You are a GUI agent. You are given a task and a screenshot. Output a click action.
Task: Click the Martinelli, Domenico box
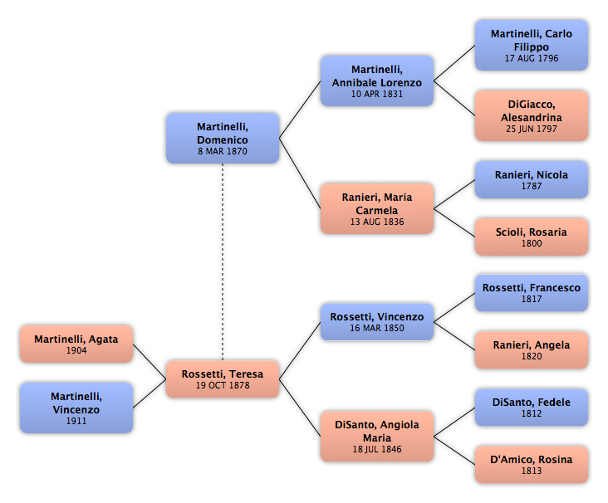point(223,139)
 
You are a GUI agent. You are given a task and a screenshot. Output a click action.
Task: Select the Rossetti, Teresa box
point(223,379)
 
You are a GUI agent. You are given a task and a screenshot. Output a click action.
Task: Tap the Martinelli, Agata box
point(76,344)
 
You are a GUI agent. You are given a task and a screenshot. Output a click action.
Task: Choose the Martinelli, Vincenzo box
point(76,408)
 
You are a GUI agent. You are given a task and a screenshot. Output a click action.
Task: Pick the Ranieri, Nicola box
point(532,180)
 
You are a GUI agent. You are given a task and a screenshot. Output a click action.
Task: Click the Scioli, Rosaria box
point(532,237)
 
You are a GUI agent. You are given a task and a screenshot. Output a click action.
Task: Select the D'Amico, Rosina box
point(532,465)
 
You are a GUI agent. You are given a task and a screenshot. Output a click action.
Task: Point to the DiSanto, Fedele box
point(532,408)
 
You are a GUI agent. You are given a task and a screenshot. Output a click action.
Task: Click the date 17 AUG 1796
point(532,58)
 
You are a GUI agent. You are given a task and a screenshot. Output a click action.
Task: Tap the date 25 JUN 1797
point(532,129)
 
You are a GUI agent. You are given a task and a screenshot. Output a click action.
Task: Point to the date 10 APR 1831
point(377,94)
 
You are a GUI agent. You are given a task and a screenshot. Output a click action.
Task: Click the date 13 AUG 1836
point(377,222)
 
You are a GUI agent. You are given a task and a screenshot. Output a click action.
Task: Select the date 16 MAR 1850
point(377,328)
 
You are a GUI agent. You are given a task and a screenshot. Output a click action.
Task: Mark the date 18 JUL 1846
point(377,449)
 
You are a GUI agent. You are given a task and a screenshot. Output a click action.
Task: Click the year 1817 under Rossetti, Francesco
point(532,299)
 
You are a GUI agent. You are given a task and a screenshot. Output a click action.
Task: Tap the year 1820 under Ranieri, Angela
point(532,356)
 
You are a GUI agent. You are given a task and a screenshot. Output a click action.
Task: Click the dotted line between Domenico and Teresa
point(223,262)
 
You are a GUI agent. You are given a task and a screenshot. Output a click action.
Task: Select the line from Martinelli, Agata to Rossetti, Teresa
point(150,362)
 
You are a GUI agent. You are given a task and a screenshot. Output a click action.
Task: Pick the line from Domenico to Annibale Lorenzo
point(300,110)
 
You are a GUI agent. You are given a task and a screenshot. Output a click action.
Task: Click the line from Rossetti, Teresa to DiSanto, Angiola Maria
point(300,408)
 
